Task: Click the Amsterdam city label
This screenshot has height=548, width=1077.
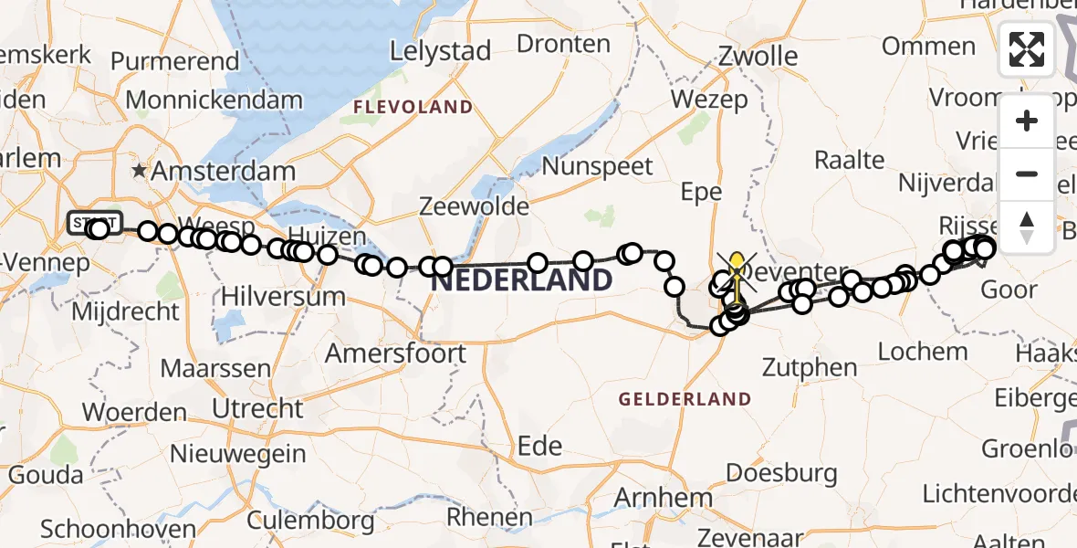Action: pos(223,171)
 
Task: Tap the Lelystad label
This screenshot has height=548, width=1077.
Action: pos(440,50)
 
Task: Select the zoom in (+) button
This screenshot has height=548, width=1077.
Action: pos(1027,121)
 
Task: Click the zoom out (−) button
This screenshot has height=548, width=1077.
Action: pos(1027,174)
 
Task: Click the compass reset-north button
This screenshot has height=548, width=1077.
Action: pos(1027,226)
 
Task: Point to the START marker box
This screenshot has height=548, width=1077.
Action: pos(94,222)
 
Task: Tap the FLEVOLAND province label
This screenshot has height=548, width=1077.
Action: pos(413,108)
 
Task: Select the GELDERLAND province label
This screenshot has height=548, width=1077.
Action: pos(685,399)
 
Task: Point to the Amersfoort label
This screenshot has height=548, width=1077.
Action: pos(396,353)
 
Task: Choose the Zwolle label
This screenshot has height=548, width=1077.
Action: pos(758,56)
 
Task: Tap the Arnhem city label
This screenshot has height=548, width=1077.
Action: pos(663,499)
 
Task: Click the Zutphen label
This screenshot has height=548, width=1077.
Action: pos(811,368)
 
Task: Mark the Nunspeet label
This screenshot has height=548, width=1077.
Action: pos(598,166)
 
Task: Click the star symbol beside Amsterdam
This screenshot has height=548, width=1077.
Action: pos(139,171)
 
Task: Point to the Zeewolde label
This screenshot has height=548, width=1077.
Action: pos(474,206)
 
